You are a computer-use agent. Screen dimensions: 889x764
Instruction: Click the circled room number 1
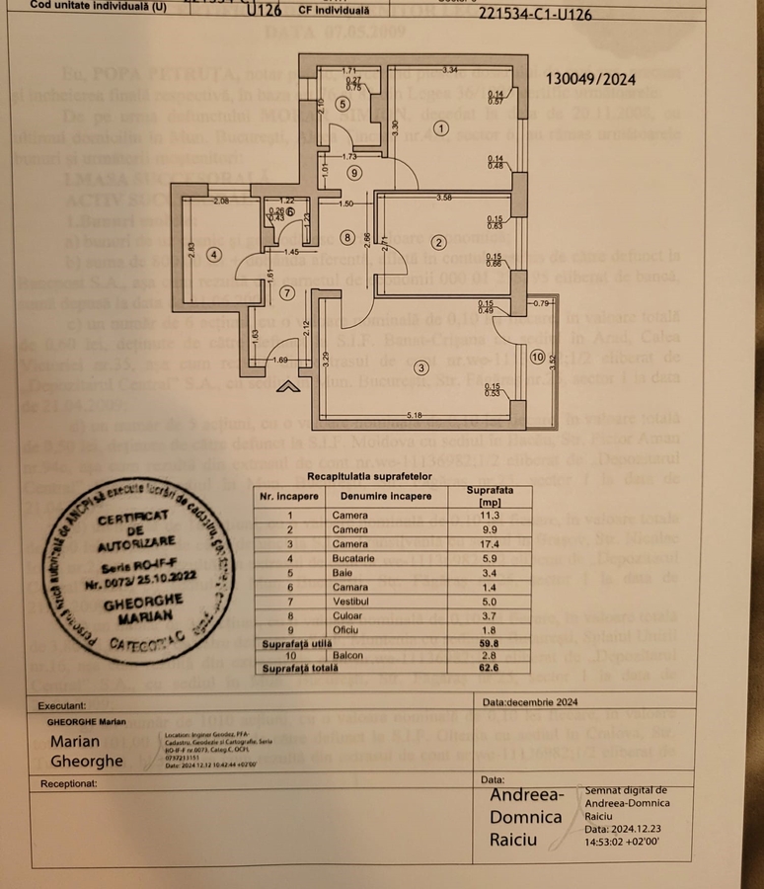click(440, 127)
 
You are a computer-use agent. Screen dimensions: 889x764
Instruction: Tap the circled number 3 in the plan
click(421, 368)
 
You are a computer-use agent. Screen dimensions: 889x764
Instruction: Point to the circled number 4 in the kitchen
click(213, 254)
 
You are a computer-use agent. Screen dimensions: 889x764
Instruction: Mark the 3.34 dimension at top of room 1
click(449, 70)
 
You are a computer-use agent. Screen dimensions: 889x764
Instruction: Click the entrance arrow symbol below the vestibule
click(288, 386)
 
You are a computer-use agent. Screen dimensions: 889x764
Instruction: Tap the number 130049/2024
click(590, 80)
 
